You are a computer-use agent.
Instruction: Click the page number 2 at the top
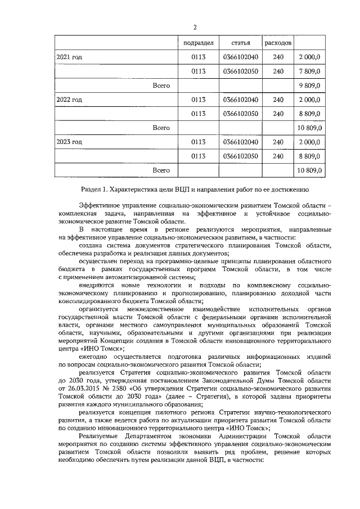pos(195,27)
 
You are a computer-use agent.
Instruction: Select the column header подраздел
pos(198,43)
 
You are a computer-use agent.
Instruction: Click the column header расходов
pos(278,43)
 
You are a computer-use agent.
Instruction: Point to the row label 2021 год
pos(69,57)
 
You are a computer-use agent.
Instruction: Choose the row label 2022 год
pos(69,100)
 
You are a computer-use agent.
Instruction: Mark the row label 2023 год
pos(69,142)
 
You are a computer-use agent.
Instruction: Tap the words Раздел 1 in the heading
pos(89,190)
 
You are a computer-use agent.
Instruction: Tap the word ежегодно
pos(94,357)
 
